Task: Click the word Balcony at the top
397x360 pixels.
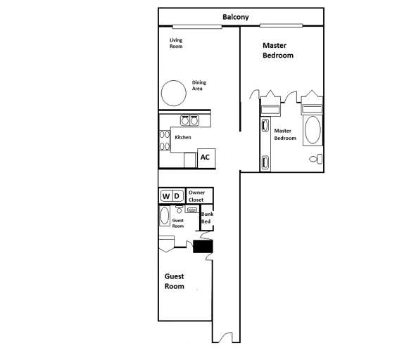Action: coord(235,17)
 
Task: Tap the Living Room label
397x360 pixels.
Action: coord(176,44)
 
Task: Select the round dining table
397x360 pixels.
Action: coord(170,92)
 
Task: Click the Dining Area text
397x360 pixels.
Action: coord(199,86)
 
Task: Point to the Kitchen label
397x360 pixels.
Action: coord(183,137)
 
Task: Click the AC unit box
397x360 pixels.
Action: coord(206,157)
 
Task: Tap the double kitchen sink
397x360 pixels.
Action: coord(189,120)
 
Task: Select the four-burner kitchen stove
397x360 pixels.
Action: coord(165,141)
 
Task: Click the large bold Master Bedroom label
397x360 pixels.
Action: coord(277,50)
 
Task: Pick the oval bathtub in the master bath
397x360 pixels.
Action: coord(311,131)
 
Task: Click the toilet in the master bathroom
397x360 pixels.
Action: coord(315,159)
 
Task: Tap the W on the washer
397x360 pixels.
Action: coord(167,195)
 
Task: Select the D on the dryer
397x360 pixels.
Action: coord(178,195)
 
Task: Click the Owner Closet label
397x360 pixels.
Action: coord(196,195)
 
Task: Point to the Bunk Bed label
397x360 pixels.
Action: coord(206,218)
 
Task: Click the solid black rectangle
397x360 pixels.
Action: coord(203,245)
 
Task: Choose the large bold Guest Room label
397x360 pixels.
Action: coord(174,281)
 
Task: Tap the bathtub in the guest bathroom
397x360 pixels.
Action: coord(165,215)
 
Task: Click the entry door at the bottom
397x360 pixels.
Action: coord(226,337)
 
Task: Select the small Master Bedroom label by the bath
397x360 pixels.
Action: coord(285,134)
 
